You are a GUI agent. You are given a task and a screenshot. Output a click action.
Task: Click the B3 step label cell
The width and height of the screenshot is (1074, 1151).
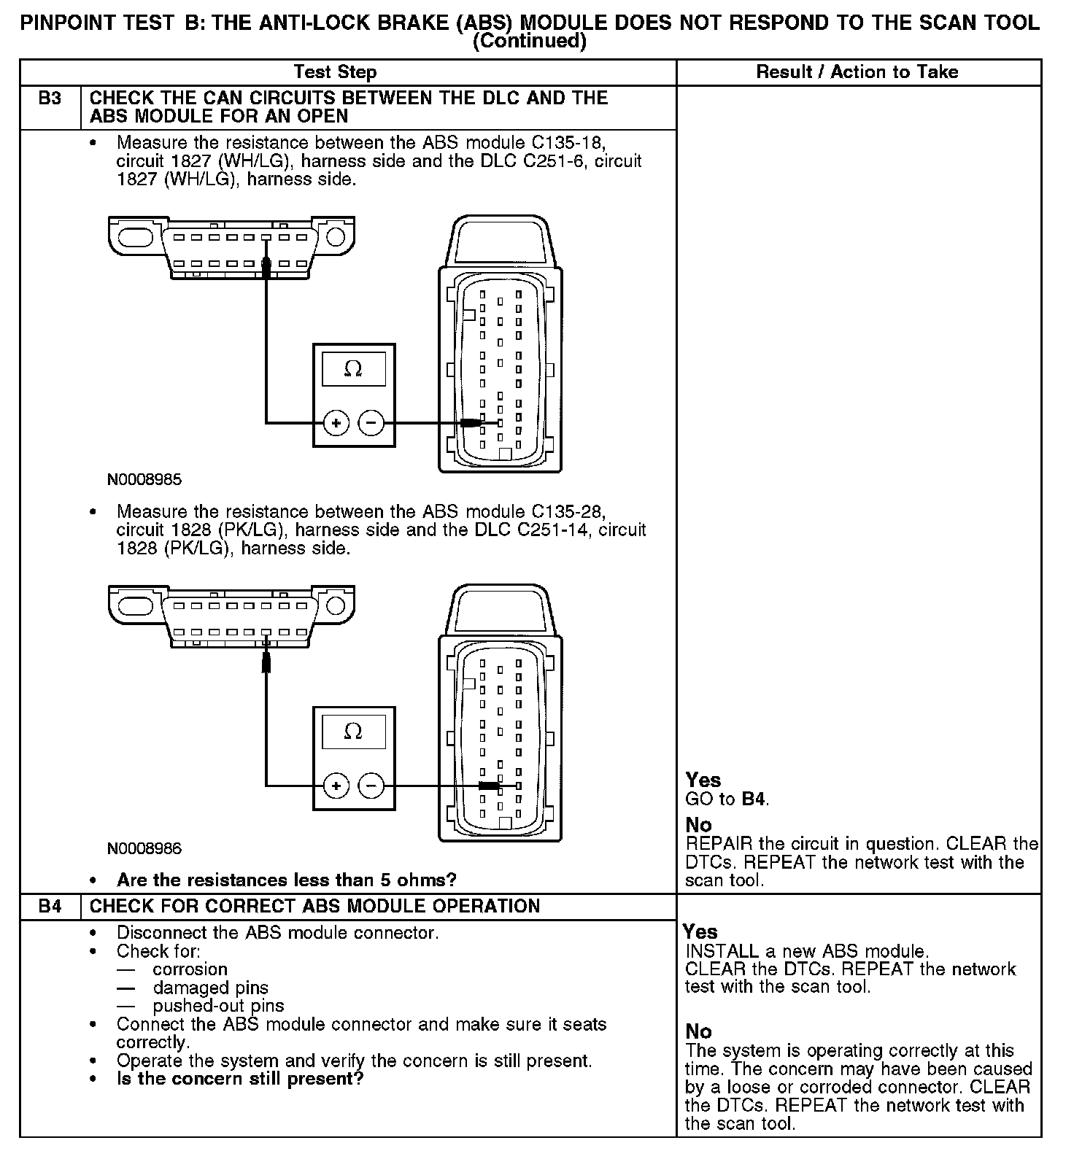(50, 98)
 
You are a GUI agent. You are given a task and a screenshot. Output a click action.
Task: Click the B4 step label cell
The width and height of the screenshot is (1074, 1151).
(50, 907)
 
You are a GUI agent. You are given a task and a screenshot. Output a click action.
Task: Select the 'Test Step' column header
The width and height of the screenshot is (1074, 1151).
(335, 72)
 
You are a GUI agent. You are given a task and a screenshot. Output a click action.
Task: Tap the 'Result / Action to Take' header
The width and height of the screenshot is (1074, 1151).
(857, 72)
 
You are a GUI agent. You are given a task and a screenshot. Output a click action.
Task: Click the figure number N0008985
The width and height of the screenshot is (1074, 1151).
(144, 480)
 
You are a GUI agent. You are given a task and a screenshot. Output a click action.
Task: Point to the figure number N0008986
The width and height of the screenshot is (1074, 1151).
(144, 848)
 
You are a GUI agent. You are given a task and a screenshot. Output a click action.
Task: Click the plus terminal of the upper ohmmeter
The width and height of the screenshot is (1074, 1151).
(336, 422)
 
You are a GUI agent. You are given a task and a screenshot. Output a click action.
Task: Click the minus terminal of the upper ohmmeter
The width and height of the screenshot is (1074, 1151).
(371, 422)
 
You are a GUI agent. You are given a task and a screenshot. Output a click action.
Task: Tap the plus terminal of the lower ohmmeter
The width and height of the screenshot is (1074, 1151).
(336, 786)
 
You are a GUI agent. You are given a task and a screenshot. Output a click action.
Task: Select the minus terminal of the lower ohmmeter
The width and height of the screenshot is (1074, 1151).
(371, 786)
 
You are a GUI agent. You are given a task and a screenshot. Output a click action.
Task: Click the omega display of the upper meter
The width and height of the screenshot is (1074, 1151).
(353, 370)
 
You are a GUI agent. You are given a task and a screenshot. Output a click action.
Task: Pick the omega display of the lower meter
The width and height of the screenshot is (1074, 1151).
(353, 732)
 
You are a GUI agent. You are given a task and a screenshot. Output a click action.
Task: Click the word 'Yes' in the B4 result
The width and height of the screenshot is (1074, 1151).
(700, 932)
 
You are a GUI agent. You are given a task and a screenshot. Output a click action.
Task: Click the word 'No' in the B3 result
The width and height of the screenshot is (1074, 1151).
(698, 825)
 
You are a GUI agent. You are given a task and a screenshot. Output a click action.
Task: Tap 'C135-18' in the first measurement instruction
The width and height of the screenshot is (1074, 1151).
(568, 142)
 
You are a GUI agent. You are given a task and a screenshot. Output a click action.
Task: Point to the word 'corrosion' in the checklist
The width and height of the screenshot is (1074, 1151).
(190, 969)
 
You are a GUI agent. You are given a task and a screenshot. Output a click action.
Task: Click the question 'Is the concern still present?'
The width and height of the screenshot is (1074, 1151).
(240, 1079)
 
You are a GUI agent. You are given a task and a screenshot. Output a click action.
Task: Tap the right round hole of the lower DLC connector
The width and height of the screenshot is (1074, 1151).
(336, 605)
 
